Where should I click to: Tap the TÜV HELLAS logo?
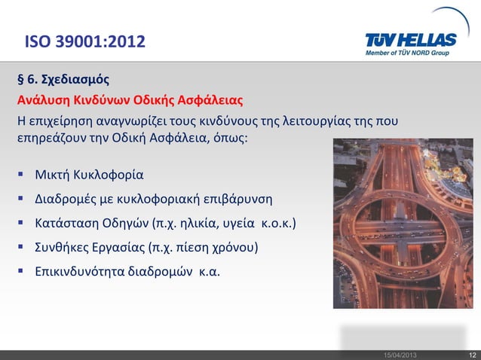pos(413,39)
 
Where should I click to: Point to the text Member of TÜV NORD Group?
pos(418,53)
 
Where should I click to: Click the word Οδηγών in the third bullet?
pos(124,224)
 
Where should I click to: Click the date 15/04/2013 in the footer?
pos(400,354)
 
